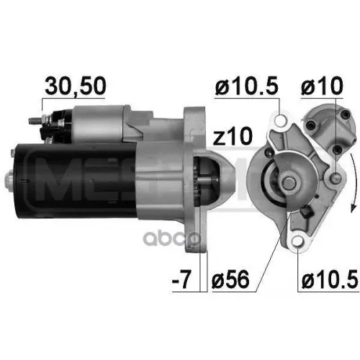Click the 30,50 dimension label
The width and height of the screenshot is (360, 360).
(x=76, y=86)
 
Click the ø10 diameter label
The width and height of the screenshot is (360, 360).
(x=322, y=86)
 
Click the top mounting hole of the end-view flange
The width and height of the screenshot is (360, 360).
(x=279, y=123)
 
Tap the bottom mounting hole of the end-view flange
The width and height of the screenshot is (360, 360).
(x=296, y=238)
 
